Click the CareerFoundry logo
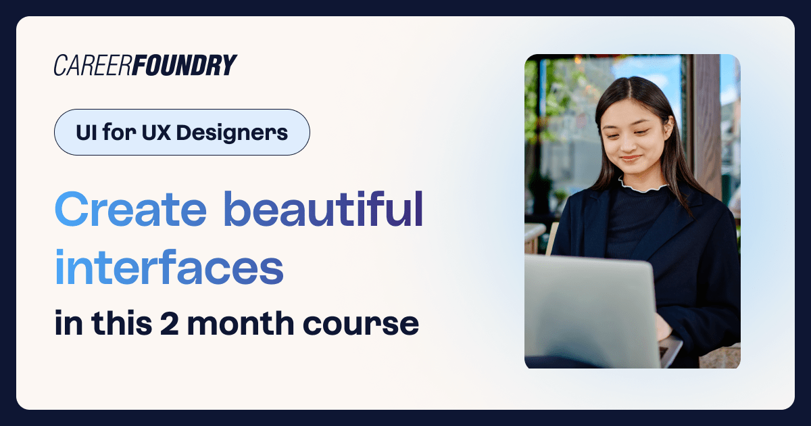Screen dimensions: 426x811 pos(145,65)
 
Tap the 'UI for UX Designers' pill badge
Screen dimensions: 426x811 pos(182,133)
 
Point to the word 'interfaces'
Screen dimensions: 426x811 pos(169,268)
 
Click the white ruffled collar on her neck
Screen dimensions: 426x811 pos(642,184)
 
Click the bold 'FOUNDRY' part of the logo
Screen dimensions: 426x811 pos(185,65)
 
